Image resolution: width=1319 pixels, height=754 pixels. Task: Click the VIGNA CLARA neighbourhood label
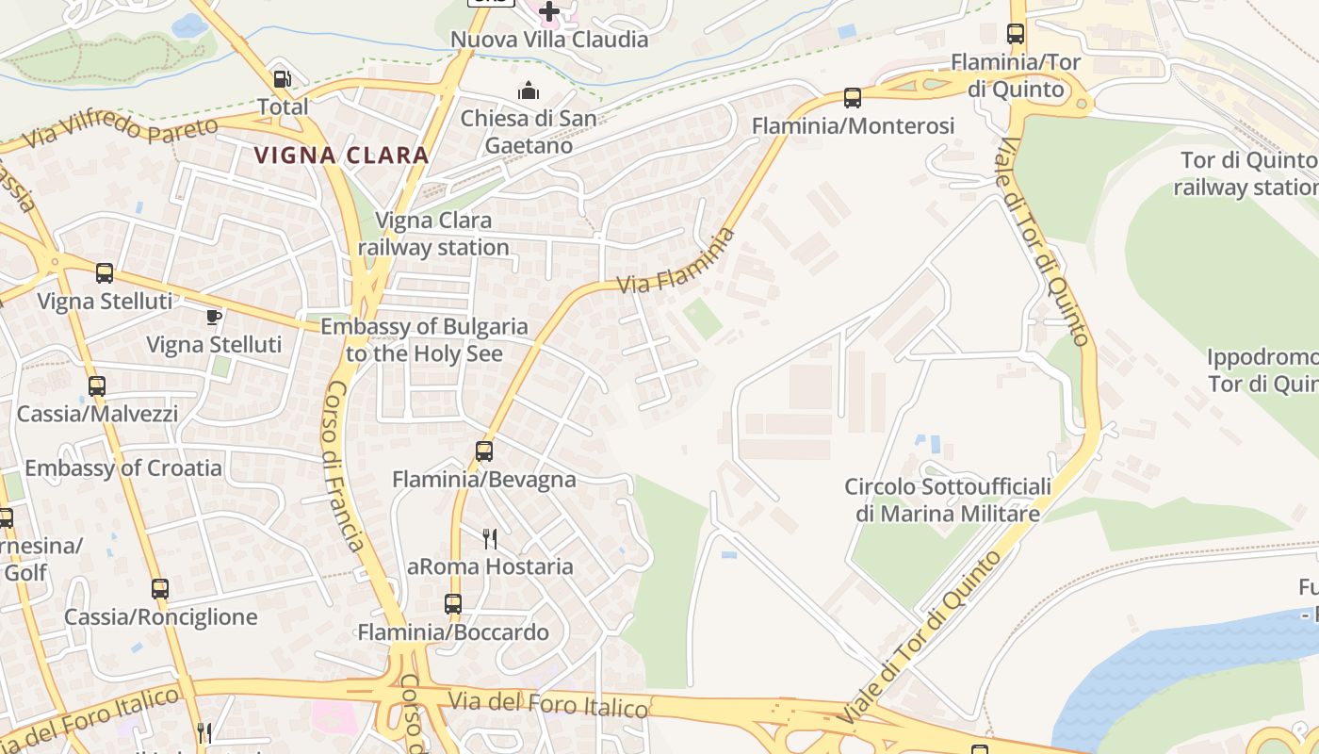click(x=342, y=156)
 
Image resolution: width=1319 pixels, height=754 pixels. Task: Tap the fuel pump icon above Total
click(x=282, y=79)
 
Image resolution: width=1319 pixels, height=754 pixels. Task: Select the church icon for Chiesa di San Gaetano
click(x=529, y=91)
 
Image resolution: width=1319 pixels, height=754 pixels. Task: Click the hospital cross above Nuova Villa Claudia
click(x=549, y=11)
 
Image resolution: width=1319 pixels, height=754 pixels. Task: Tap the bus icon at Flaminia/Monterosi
click(x=853, y=97)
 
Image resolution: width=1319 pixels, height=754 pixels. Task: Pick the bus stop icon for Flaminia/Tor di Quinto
click(x=1016, y=34)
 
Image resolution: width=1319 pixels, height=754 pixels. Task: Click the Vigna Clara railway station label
click(x=433, y=234)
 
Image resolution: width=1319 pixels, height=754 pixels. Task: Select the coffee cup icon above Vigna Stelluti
click(x=214, y=317)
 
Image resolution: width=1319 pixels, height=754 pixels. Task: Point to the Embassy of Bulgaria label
click(x=424, y=340)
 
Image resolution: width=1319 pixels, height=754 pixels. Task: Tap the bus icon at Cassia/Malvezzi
click(x=97, y=385)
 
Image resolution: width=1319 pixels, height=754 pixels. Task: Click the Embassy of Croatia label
click(x=123, y=468)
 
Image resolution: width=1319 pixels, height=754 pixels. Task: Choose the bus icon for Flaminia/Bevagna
click(x=484, y=451)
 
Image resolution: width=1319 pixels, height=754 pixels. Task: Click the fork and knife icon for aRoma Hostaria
click(x=490, y=539)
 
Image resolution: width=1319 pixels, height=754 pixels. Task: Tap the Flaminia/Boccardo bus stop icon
click(x=453, y=604)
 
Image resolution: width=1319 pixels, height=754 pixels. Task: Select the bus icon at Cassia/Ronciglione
click(x=160, y=589)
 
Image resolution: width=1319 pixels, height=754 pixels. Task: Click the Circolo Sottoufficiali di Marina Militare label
click(x=947, y=500)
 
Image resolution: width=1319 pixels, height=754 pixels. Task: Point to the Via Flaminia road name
click(x=676, y=261)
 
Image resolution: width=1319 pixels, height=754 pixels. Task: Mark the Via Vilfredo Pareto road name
click(x=122, y=131)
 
